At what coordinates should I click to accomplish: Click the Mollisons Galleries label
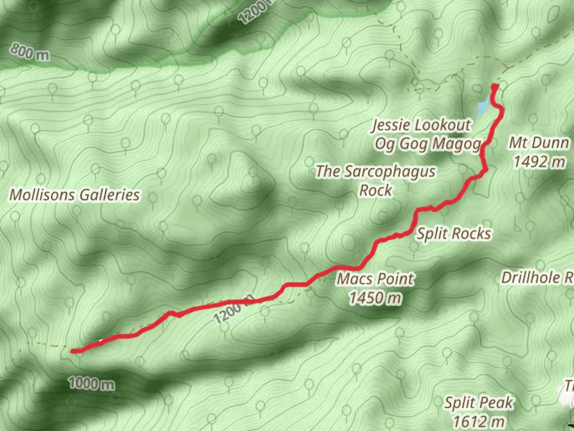(x=75, y=195)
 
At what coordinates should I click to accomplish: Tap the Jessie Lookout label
(x=421, y=125)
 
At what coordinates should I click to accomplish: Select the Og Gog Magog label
(x=427, y=144)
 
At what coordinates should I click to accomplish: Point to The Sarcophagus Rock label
(x=375, y=180)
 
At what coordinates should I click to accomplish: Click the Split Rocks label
(x=454, y=233)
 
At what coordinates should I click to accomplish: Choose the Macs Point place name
(x=375, y=279)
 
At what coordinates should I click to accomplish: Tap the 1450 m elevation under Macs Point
(x=375, y=298)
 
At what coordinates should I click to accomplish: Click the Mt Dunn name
(x=539, y=143)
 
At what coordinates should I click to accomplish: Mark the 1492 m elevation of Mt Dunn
(x=539, y=162)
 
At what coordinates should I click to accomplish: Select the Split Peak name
(x=479, y=403)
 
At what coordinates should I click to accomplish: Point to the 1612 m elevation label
(x=479, y=421)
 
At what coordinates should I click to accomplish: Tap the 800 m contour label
(x=30, y=52)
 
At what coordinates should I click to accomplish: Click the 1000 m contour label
(x=92, y=384)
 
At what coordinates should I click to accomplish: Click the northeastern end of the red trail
(x=495, y=86)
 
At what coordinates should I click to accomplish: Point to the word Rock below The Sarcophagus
(x=375, y=190)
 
